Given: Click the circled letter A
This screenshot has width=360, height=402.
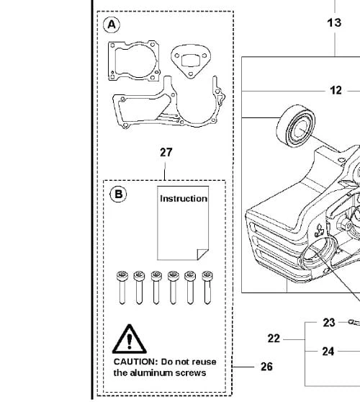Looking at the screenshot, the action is (x=112, y=25).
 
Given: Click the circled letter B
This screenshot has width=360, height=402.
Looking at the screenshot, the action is (x=118, y=194).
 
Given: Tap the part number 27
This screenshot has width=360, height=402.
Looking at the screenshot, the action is (x=166, y=153).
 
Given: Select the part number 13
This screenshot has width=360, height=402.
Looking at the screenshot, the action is (x=334, y=23).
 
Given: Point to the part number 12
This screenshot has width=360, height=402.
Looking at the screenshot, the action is (x=336, y=91).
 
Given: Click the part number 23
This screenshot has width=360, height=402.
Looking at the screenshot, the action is (x=329, y=323).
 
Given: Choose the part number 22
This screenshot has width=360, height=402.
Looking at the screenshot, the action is (x=274, y=339).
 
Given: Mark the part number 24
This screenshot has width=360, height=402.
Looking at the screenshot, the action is (x=328, y=352).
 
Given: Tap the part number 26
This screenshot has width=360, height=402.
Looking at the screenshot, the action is (x=266, y=367).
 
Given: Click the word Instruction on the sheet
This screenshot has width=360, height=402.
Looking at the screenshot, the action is (x=184, y=199).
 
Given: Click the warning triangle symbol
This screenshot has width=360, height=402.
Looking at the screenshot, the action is (x=130, y=339).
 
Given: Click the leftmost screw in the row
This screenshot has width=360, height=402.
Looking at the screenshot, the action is (x=122, y=287).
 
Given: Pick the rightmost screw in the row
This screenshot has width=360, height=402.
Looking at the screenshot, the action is (x=207, y=287).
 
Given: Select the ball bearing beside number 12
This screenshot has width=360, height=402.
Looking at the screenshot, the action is (x=296, y=125).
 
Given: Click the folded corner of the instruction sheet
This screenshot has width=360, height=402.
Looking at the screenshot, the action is (x=202, y=254).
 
